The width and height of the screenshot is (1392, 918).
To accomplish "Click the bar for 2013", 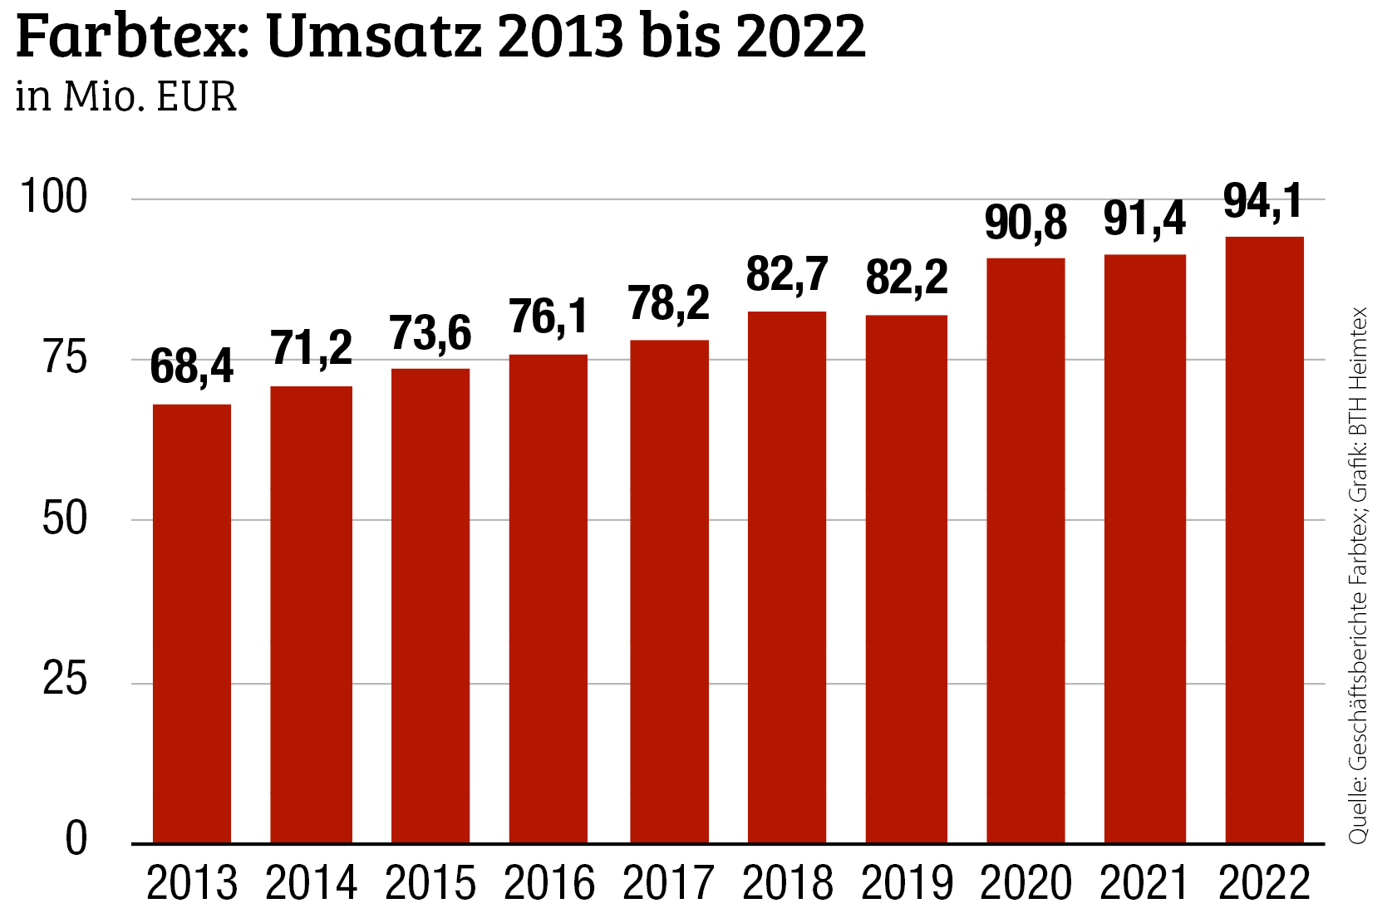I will [192, 623].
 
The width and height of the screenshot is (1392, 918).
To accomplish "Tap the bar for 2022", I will [1264, 540].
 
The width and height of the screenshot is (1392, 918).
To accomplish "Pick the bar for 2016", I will [548, 598].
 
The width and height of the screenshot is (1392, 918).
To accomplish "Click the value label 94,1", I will [1262, 201].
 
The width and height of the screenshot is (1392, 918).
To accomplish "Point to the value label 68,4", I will [192, 366].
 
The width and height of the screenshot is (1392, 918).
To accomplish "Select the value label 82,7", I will [787, 274].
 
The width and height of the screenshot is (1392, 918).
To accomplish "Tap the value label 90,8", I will [1026, 223].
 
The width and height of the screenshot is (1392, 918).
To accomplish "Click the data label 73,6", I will [430, 333].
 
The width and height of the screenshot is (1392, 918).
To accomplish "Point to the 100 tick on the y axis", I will [53, 198].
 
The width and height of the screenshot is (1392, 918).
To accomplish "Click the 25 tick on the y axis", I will [65, 680].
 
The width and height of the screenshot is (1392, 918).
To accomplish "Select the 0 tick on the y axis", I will [76, 838].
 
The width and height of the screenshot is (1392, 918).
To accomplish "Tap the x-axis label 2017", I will [668, 883].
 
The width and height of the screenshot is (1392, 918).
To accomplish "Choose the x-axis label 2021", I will [1144, 883].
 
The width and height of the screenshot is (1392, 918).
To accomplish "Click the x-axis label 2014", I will [311, 883].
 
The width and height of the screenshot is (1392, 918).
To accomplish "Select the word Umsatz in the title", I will [374, 37].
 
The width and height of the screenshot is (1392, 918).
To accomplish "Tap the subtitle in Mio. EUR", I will [126, 97].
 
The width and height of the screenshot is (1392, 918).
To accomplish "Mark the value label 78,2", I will [668, 303].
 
